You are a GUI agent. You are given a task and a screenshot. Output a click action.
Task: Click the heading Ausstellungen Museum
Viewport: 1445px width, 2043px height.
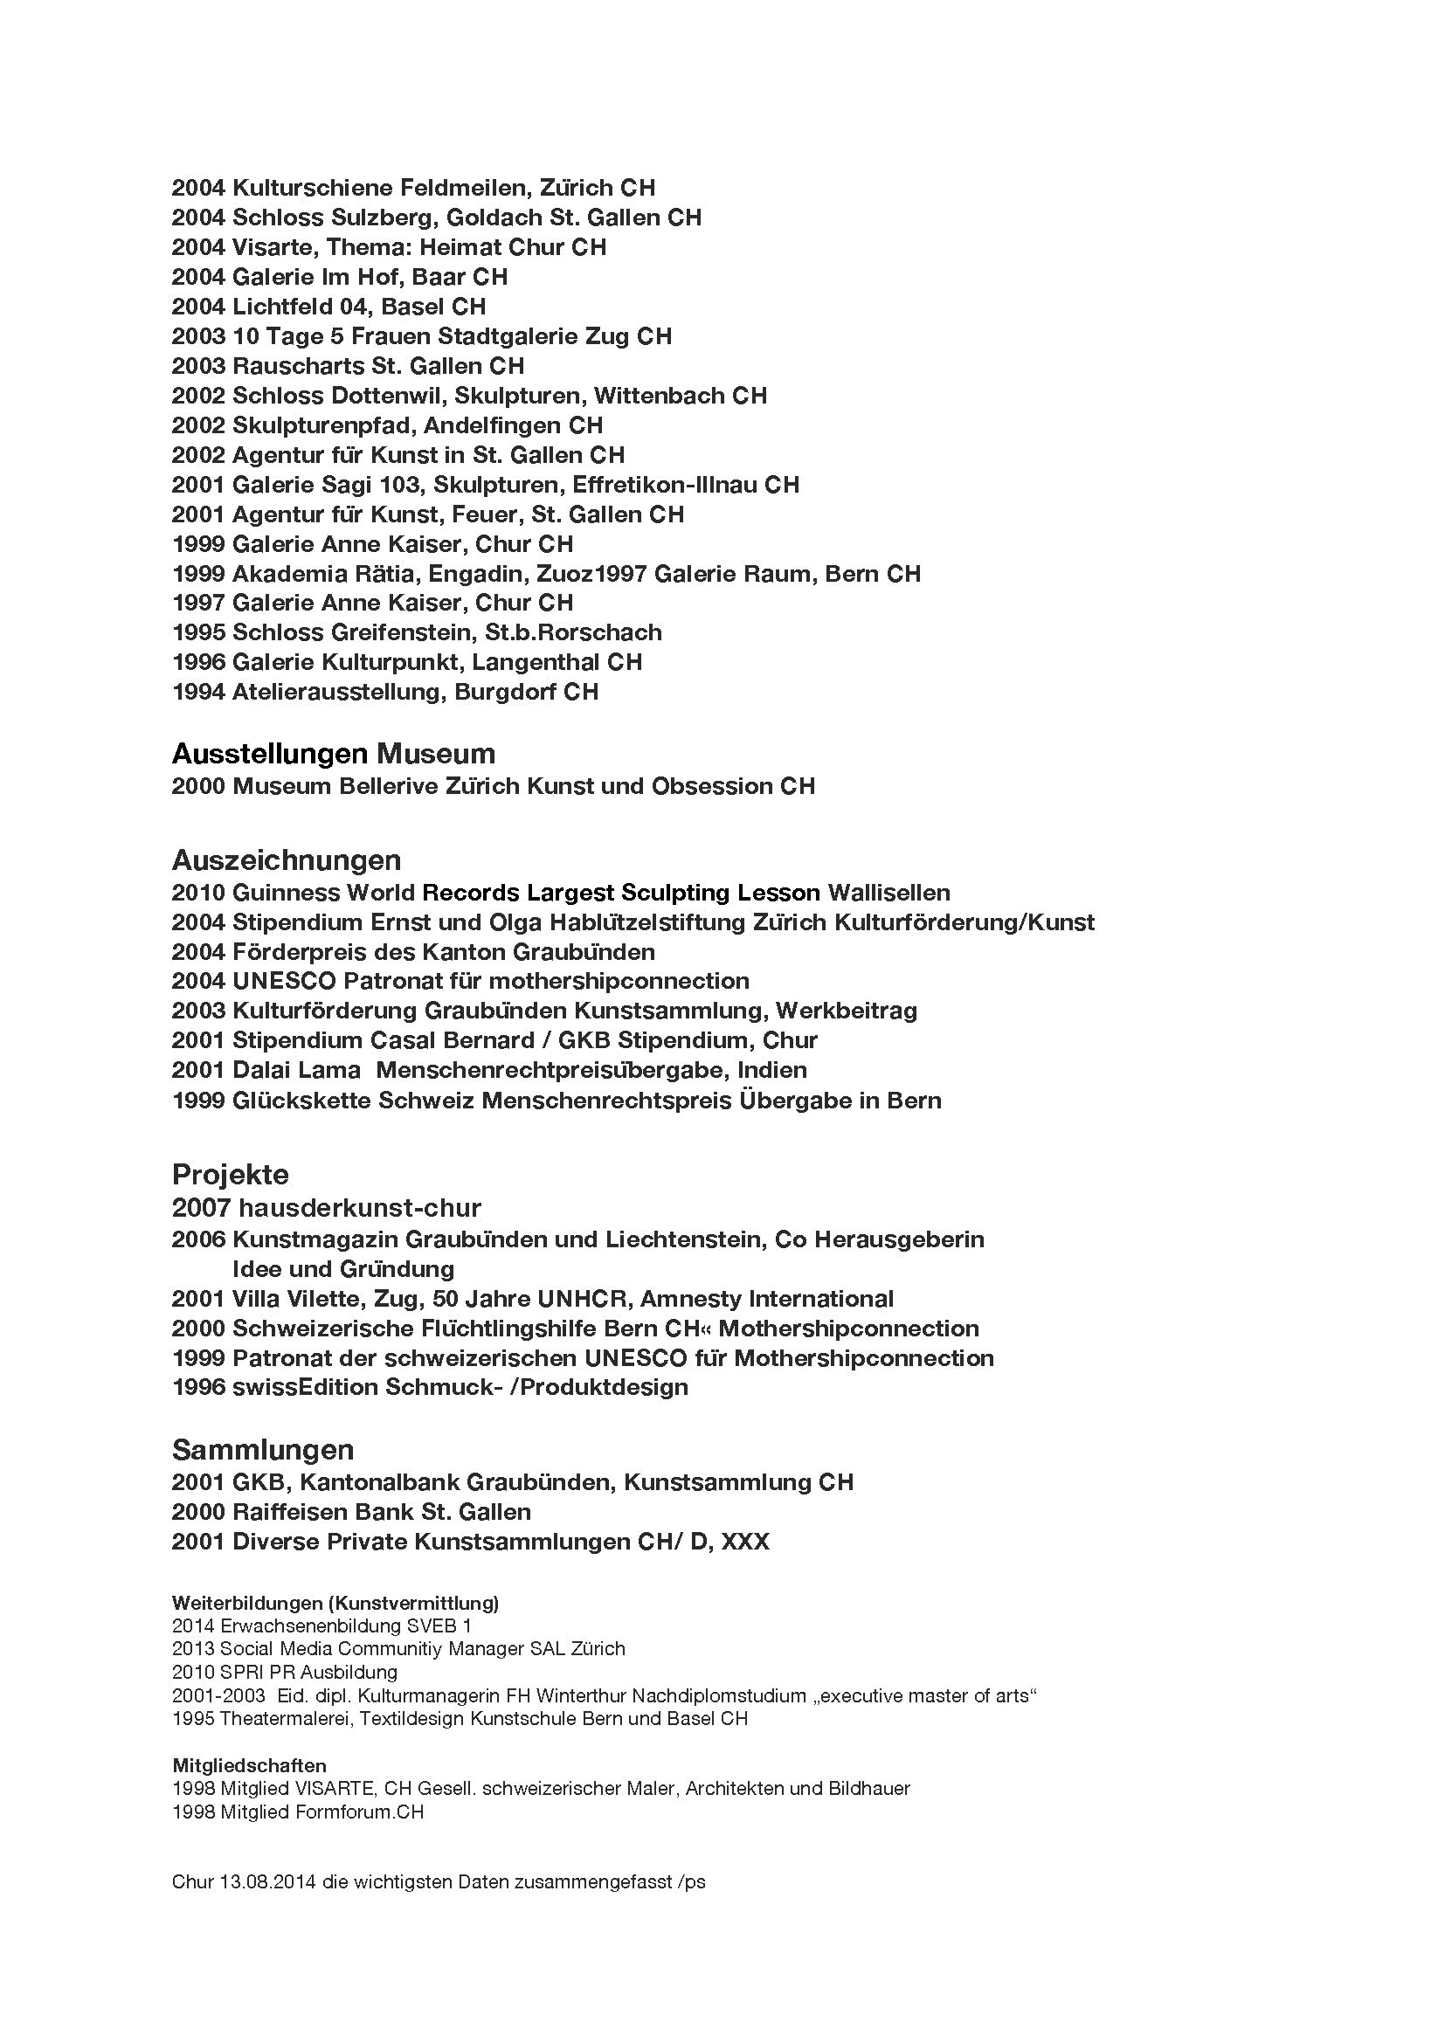pos(333,754)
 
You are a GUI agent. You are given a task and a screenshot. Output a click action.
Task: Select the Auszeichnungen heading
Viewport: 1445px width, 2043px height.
pos(286,859)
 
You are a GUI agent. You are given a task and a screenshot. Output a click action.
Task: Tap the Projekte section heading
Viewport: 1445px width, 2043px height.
pos(230,1175)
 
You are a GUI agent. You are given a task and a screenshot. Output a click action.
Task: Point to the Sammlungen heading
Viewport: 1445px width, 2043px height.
pos(262,1450)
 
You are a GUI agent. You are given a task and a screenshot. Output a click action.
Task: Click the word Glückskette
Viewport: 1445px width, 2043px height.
pos(301,1101)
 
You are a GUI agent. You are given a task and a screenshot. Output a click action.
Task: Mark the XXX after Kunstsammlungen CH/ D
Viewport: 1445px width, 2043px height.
pos(744,1542)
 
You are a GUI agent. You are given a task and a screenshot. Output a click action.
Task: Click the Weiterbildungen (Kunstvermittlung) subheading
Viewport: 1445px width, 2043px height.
pos(335,1604)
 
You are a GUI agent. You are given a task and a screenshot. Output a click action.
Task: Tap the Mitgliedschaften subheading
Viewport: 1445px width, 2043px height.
pos(248,1765)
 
